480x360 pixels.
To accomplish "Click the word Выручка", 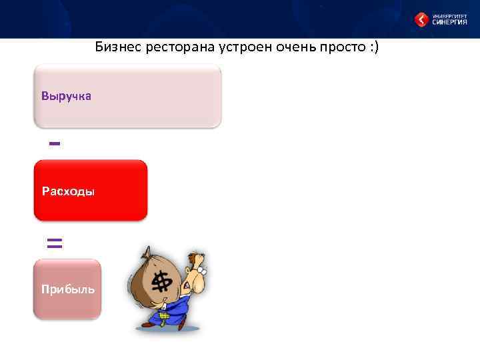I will [66, 96].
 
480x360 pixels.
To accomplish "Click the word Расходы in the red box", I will [68, 192].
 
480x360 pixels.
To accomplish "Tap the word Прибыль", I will [67, 289].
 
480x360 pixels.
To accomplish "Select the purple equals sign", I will [55, 243].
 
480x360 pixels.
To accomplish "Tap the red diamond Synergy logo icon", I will [421, 20].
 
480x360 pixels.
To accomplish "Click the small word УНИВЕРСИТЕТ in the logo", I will [449, 15].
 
